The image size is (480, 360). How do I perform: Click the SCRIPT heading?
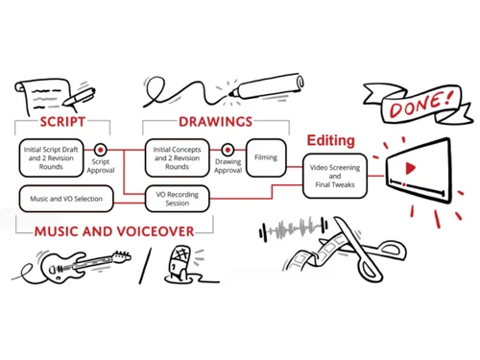[62, 122]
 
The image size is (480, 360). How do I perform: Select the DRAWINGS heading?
[215, 122]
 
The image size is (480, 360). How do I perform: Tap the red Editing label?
[329, 140]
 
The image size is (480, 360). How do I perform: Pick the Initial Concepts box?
[177, 155]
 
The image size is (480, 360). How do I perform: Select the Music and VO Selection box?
[66, 200]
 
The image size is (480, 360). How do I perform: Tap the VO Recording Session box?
[177, 200]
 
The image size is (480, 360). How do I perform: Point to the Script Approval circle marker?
[100, 150]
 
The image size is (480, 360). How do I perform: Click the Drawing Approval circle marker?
[228, 150]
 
